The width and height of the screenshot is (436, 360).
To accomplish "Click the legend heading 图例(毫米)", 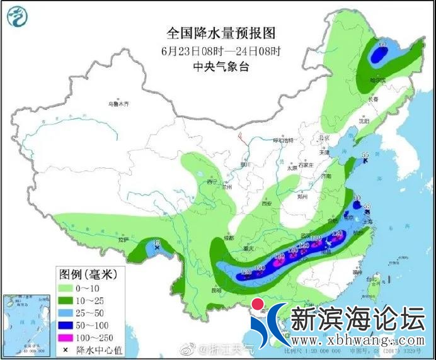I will [x=88, y=274].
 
